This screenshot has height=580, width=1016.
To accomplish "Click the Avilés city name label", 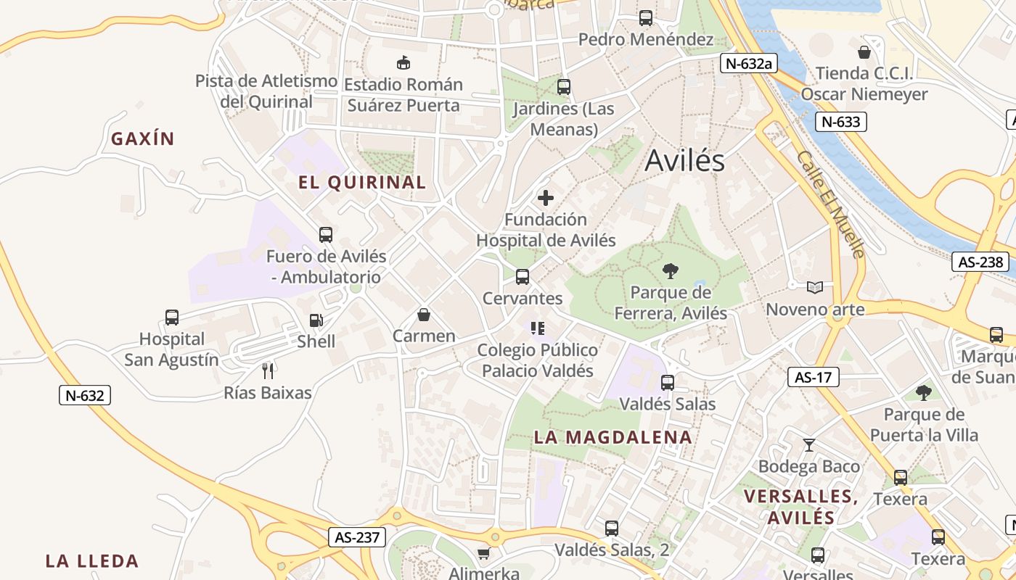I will [684, 160].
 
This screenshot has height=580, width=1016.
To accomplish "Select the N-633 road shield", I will [840, 122].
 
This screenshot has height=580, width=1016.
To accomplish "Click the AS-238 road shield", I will [980, 262].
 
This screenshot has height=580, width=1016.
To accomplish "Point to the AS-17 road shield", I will [813, 377].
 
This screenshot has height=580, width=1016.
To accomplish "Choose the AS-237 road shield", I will [356, 537].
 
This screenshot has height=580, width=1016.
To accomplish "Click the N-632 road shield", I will [84, 395].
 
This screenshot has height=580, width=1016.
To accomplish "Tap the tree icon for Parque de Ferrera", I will [671, 271].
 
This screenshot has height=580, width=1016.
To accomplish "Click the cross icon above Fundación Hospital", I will [545, 198].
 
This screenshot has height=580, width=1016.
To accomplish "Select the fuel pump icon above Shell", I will [316, 320].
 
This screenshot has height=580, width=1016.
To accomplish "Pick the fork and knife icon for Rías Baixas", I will [268, 371].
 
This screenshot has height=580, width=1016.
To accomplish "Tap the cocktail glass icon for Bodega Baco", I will [809, 444].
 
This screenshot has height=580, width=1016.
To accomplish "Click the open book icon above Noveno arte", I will [815, 288].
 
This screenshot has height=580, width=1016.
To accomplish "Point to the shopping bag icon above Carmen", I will [424, 315].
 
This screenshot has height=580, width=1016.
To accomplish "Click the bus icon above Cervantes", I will [522, 276].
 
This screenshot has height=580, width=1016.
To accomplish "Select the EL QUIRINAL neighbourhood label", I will [362, 183].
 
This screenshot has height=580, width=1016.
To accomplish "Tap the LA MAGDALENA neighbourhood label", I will [613, 437].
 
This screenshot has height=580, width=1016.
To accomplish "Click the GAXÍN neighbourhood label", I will [143, 138].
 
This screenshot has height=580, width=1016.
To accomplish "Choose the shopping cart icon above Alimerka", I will [483, 553].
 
